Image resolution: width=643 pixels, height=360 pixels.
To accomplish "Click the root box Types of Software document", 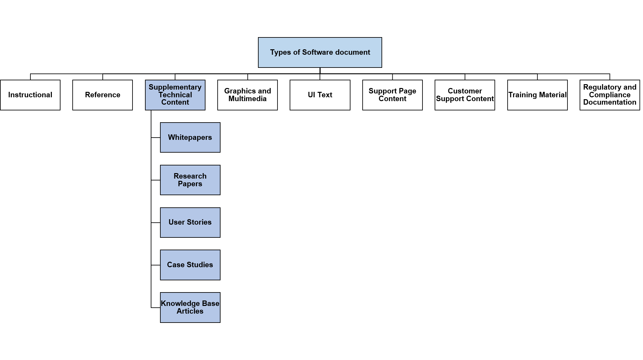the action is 320,52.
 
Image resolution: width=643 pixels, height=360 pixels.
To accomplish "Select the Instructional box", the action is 30,95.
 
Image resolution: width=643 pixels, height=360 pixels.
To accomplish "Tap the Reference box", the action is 102,95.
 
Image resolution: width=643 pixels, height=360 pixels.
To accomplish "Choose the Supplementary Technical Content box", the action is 175,95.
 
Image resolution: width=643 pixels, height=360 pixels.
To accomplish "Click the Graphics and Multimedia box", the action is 247,95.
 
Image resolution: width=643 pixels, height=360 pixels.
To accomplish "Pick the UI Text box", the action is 320,95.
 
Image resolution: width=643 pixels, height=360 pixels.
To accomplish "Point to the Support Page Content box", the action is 392,95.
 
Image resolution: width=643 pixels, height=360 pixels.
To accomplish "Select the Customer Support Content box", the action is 465,95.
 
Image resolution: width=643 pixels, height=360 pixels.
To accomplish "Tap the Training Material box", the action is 537,95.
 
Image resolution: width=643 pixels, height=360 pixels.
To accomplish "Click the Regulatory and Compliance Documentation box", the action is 610,95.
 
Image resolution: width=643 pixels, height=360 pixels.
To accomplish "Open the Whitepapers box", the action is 190,138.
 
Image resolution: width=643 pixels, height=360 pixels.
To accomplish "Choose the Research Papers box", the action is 190,180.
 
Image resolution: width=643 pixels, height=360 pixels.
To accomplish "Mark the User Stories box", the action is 190,223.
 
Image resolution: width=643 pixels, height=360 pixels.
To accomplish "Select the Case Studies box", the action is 190,265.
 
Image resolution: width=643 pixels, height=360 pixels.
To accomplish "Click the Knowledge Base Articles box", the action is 190,308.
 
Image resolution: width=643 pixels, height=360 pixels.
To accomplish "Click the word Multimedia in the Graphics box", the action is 247,99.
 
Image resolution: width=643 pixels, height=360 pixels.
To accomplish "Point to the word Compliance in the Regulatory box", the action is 610,95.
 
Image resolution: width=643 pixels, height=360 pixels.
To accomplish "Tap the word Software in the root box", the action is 317,52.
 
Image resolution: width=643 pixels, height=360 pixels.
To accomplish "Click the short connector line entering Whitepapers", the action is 156,138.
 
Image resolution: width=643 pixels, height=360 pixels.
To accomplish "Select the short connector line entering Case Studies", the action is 156,265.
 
